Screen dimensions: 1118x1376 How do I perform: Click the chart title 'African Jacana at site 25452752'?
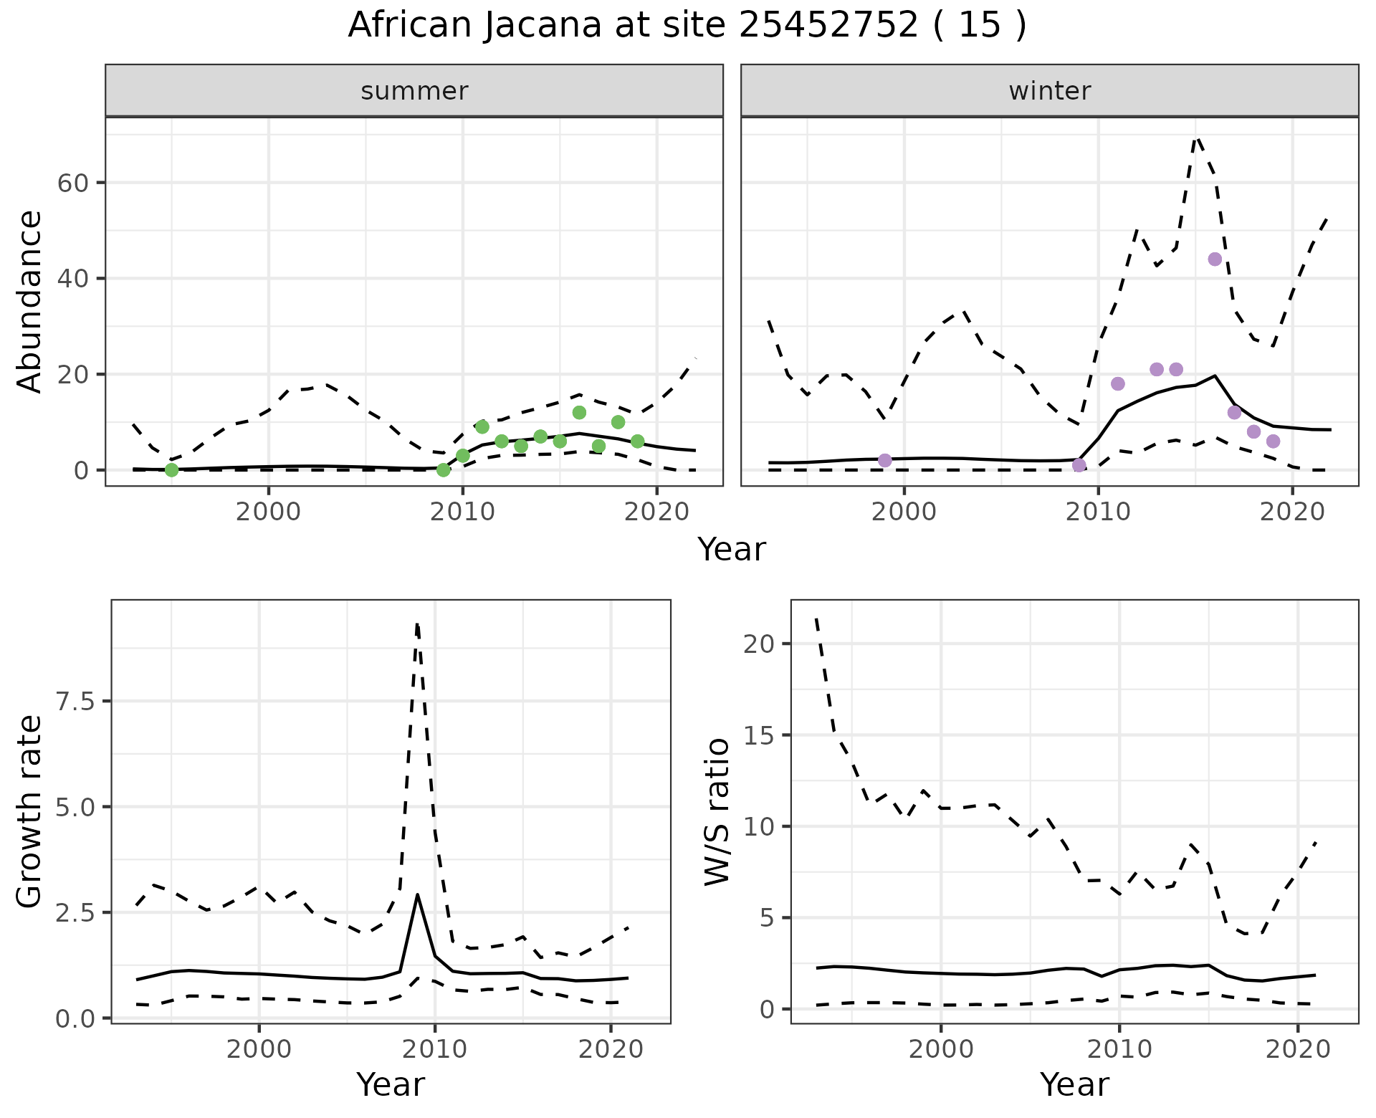point(687,26)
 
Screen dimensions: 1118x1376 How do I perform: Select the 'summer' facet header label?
point(414,91)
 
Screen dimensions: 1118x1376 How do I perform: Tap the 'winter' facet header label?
point(1049,91)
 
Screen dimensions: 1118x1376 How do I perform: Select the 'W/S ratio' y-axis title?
point(717,811)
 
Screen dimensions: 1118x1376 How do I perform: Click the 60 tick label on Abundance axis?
point(72,183)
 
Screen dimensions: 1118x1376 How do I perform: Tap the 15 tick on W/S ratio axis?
point(758,735)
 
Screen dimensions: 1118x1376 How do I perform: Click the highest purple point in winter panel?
point(1215,259)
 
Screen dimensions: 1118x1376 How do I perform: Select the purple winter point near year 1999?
point(885,460)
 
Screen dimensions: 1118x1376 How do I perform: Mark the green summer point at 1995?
point(171,469)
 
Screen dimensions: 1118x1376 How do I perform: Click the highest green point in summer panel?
point(579,412)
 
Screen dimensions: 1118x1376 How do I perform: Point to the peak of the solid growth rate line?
point(417,894)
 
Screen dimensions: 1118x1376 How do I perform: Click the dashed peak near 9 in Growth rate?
point(417,625)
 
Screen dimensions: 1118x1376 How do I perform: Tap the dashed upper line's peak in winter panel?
point(1196,138)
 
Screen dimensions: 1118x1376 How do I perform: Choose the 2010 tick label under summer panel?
point(462,512)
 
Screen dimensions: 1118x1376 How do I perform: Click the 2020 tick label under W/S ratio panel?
point(1298,1050)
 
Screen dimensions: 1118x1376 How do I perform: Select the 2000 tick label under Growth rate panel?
point(259,1050)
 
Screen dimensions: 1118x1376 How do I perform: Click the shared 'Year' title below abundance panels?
point(731,550)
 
